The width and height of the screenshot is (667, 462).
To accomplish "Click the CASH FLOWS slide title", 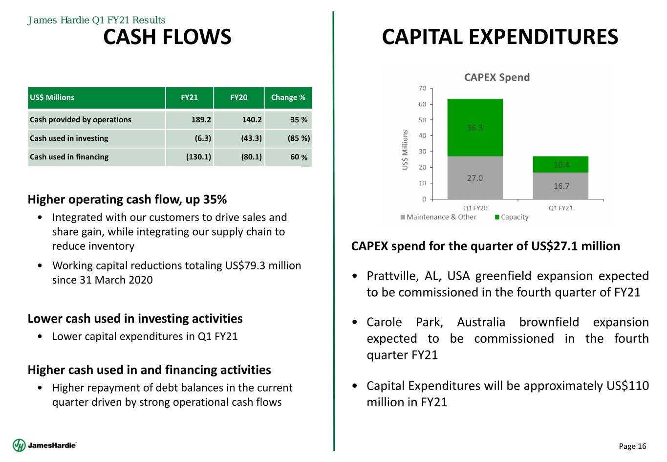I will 167,37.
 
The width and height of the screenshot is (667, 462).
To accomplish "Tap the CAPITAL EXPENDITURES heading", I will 500,37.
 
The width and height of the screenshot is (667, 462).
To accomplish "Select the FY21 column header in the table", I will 189,97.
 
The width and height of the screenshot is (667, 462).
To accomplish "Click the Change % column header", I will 288,97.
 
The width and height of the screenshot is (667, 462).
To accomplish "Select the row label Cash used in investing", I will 69,138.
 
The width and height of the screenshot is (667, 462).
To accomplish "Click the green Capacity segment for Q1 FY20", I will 475,127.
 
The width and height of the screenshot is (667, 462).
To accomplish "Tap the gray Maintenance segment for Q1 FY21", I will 560,186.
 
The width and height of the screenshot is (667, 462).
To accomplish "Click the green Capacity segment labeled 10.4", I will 561,165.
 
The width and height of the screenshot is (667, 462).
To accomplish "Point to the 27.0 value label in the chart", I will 475,178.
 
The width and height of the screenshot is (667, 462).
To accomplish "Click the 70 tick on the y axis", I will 422,88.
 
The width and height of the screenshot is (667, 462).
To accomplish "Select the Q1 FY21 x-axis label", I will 560,208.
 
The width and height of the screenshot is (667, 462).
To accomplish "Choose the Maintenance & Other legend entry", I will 438,217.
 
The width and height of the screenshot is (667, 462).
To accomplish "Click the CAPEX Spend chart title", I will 496,77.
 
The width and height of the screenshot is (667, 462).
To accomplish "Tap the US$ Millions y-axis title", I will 405,150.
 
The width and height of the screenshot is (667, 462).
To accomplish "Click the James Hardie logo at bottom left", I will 44,445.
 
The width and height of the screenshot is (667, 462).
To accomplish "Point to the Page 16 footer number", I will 632,446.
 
